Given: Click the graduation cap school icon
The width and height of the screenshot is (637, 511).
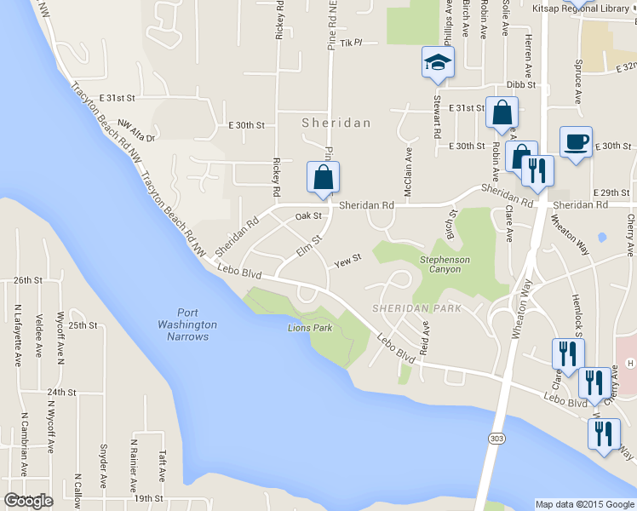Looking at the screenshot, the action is pos(438,63).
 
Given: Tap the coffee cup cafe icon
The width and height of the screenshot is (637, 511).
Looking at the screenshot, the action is pos(576,142).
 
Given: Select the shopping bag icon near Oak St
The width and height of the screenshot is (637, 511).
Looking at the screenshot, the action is pos(323,178).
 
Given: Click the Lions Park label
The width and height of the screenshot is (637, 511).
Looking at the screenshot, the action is pos(310,327).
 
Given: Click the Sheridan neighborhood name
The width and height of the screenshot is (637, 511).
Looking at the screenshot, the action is pos(336,123).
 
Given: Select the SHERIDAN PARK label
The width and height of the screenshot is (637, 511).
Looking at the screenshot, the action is pos(416,307).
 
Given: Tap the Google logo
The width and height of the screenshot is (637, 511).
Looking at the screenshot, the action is pos(28,501).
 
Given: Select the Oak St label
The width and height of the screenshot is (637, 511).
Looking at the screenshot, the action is pos(308,216).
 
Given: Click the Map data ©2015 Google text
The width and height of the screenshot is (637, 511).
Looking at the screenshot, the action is pos(584,503).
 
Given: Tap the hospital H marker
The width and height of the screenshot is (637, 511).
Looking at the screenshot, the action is pos(629,364).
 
